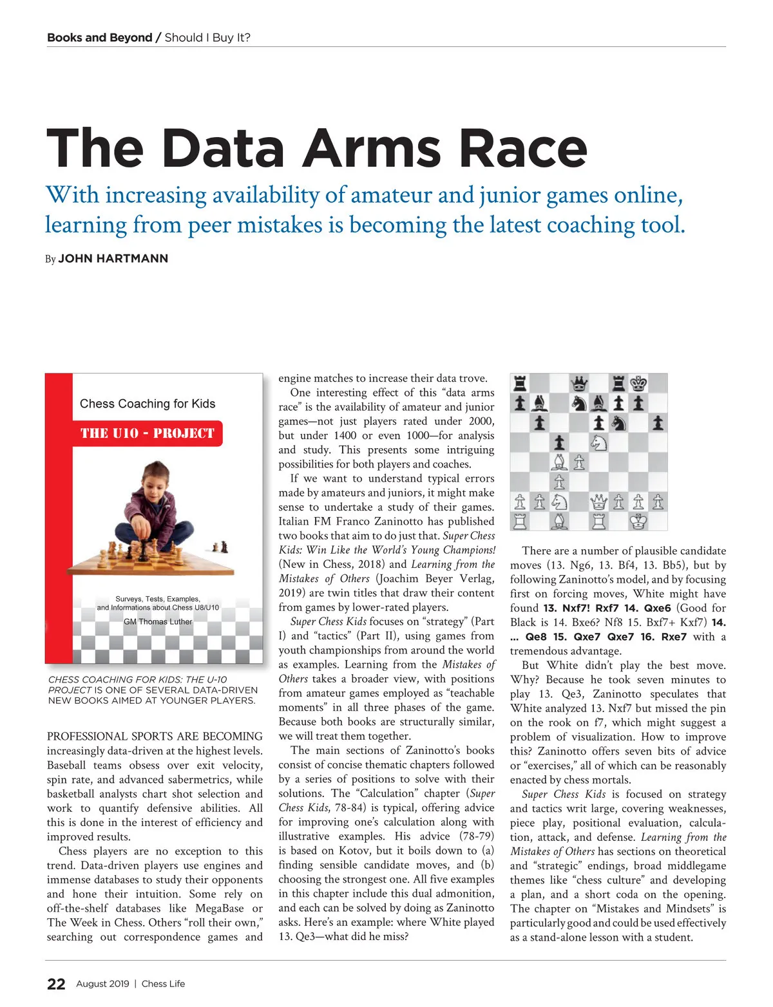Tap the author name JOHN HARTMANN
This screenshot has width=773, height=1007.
pyautogui.click(x=113, y=259)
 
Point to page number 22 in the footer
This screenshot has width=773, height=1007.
pyautogui.click(x=56, y=984)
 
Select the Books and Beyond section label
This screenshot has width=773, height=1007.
pyautogui.click(x=99, y=37)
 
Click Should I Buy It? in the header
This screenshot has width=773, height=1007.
pyautogui.click(x=207, y=37)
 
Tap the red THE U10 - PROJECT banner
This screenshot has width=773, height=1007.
pyautogui.click(x=148, y=433)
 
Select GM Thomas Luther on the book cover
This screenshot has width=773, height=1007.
pyautogui.click(x=158, y=622)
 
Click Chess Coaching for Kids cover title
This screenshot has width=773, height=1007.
pyautogui.click(x=148, y=404)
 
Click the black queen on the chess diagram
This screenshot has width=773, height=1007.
pyautogui.click(x=579, y=384)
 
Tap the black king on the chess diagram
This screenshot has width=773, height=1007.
pyautogui.click(x=638, y=384)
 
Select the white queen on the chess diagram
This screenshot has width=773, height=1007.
pyautogui.click(x=599, y=502)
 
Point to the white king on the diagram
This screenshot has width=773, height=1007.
pyautogui.click(x=638, y=521)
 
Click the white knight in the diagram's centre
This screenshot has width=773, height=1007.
pyautogui.click(x=599, y=443)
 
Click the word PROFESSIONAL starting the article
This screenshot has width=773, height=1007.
pyautogui.click(x=89, y=736)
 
